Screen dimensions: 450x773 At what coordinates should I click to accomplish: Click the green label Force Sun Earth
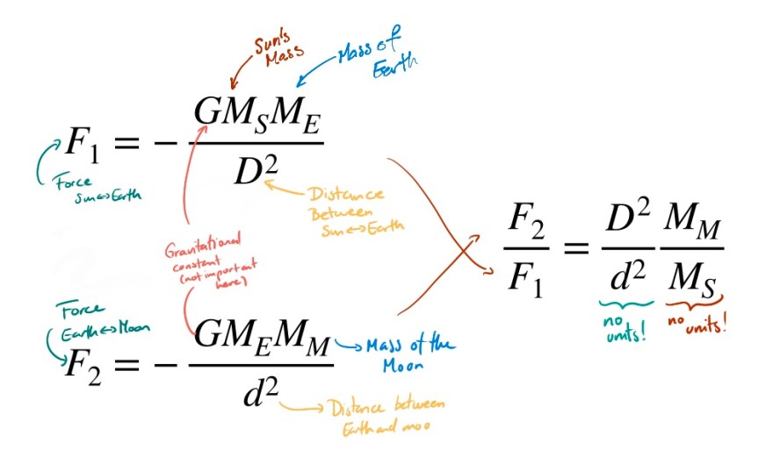(94, 185)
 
